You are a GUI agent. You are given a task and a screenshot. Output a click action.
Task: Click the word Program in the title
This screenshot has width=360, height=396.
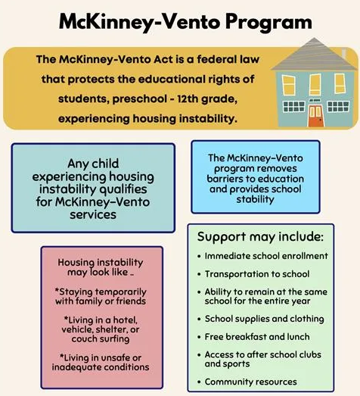coord(253,22)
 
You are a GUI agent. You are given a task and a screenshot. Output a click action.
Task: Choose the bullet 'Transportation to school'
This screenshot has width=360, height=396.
coord(257,274)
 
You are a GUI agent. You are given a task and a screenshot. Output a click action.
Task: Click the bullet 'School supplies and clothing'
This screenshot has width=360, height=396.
coord(265,318)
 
